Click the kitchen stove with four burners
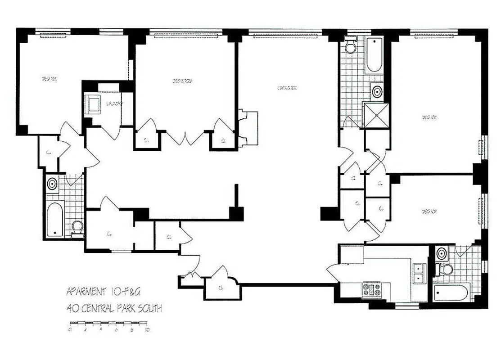click(372, 288)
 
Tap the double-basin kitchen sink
click(420, 273)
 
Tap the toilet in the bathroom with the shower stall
click(350, 45)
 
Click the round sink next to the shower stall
click(377, 92)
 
